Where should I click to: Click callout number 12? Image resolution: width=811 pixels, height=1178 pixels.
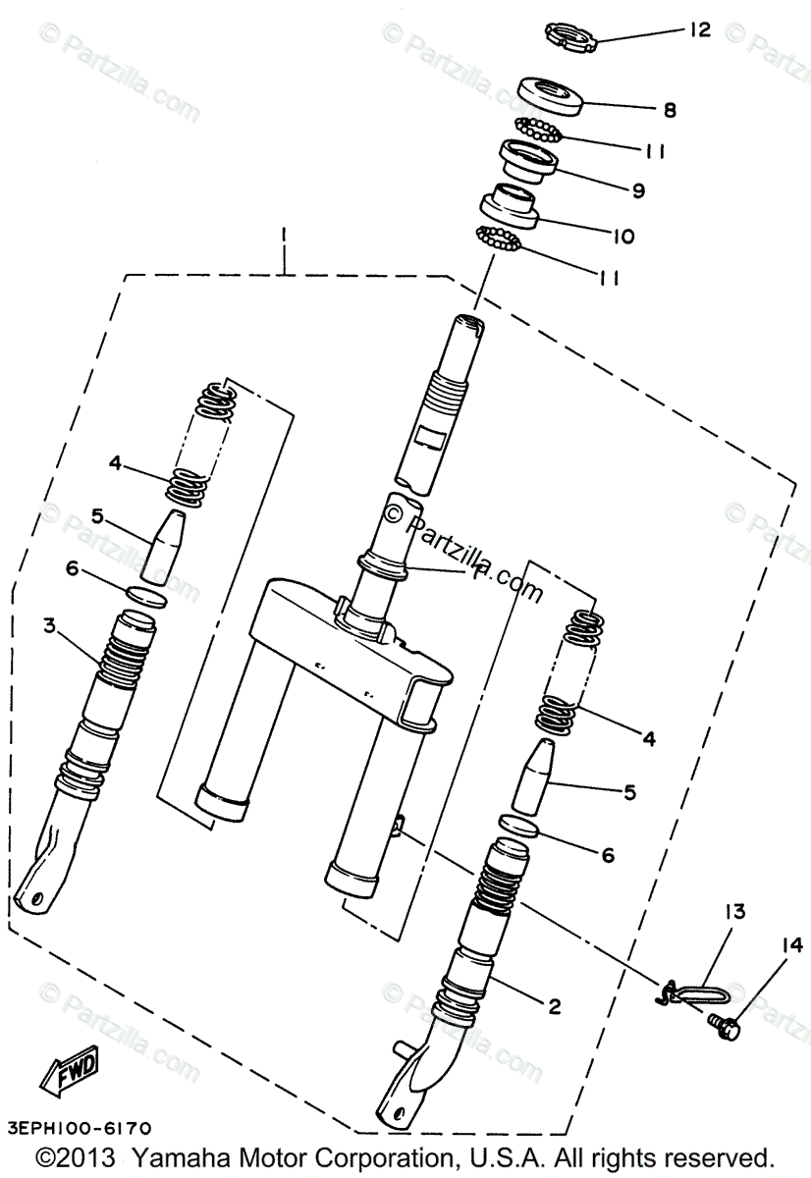coord(698,30)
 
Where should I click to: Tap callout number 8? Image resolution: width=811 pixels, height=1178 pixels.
coord(670,111)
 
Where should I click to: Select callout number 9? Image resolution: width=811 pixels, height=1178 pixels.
coord(638,191)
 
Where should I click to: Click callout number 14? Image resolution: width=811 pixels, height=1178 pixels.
coord(792,946)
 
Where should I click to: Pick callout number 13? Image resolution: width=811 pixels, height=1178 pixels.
coord(735,912)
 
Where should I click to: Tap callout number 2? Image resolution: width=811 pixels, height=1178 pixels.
coord(554,1005)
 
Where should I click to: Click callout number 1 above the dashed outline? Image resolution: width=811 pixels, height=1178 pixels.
coord(283,236)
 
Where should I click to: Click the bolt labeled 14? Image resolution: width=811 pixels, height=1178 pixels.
coord(728,1027)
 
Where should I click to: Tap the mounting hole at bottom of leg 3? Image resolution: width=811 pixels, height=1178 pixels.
coord(36,895)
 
